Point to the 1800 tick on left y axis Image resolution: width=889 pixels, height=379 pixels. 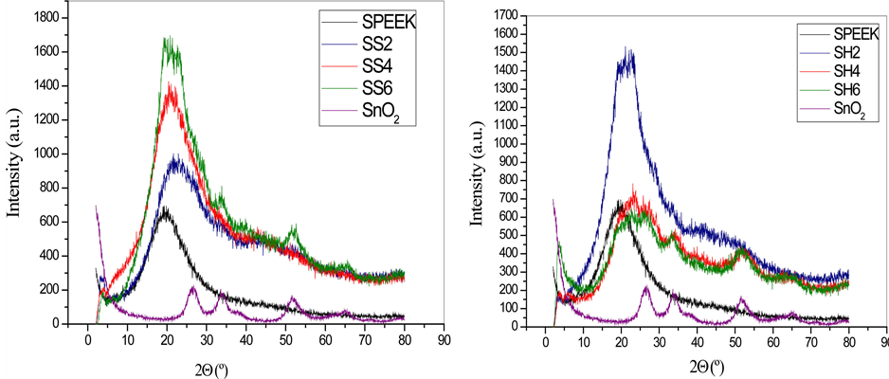(x=53, y=18)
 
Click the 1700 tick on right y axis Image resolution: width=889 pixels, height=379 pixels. (x=510, y=15)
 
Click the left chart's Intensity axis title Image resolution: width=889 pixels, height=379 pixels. (x=13, y=171)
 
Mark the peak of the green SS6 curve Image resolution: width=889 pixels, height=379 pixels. (x=169, y=39)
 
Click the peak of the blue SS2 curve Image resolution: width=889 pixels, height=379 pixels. (x=176, y=159)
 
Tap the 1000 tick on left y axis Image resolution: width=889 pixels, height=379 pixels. (x=53, y=153)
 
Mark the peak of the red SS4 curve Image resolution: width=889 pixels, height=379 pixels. (x=172, y=83)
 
